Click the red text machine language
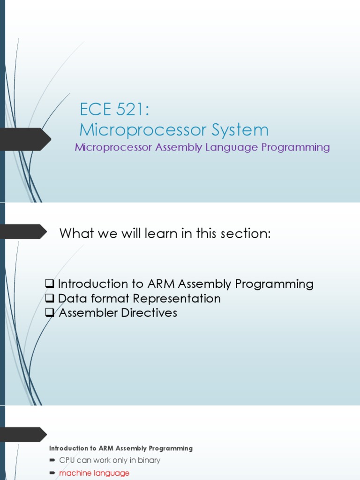coord(94,473)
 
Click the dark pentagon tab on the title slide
coord(26,139)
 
